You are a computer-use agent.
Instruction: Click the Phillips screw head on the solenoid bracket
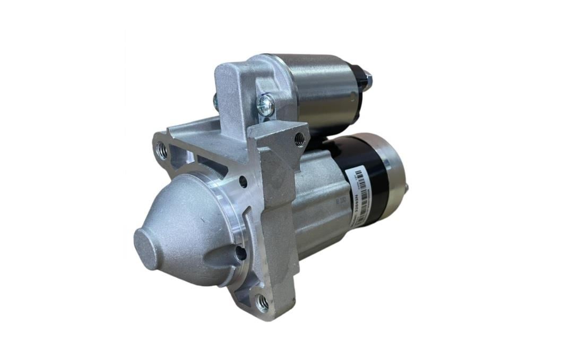pos(265,105)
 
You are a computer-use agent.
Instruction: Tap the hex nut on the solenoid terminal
pos(367,80)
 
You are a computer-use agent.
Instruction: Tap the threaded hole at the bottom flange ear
pos(262,303)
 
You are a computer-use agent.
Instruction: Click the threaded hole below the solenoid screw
pos(300,139)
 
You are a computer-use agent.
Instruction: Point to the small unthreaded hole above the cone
pos(243,182)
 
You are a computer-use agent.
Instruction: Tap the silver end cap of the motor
pos(395,181)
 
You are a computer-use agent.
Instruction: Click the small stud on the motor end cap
pos(406,188)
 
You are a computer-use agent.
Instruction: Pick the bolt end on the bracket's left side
pos(216,102)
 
